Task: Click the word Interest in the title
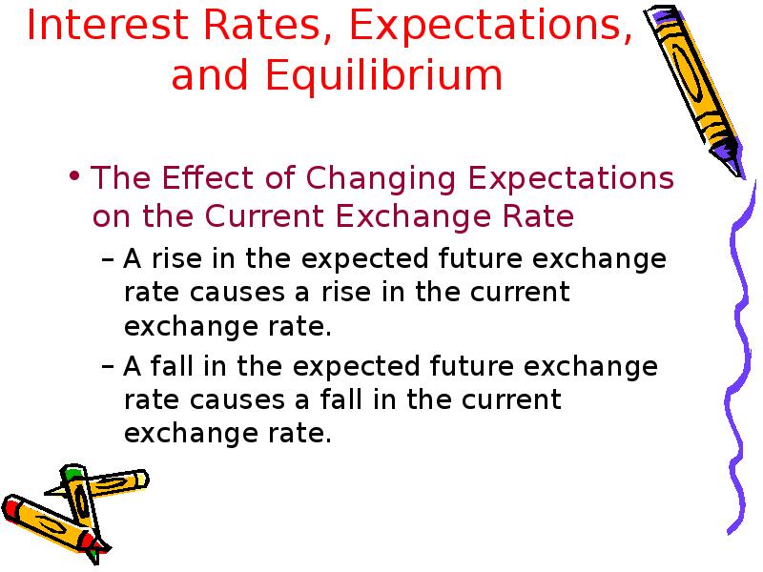[108, 25]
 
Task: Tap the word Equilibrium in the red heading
[383, 75]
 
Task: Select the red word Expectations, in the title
[491, 27]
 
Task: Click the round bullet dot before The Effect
[74, 175]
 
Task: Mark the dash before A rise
[108, 260]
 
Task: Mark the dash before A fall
[108, 367]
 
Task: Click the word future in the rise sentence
[480, 257]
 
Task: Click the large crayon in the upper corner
[694, 90]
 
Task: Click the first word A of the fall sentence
[133, 366]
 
